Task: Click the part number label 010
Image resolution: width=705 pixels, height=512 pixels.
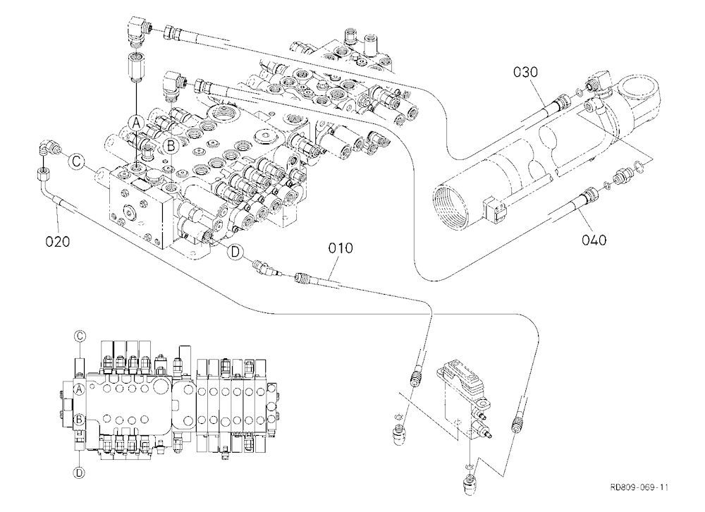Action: pyautogui.click(x=341, y=248)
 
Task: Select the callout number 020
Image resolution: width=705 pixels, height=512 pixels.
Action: pyautogui.click(x=58, y=242)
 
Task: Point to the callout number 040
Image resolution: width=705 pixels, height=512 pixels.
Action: pyautogui.click(x=594, y=240)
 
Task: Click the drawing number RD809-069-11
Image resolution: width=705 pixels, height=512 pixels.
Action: pyautogui.click(x=639, y=487)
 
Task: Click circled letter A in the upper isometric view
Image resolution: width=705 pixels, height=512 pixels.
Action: pyautogui.click(x=137, y=121)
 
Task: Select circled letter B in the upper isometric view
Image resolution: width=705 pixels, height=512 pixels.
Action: pyautogui.click(x=171, y=145)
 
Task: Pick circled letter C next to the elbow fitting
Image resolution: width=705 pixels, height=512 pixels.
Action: pyautogui.click(x=76, y=161)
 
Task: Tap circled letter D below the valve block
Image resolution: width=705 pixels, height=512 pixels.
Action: pyautogui.click(x=235, y=252)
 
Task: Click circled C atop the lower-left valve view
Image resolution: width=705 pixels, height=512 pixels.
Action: pyautogui.click(x=80, y=336)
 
